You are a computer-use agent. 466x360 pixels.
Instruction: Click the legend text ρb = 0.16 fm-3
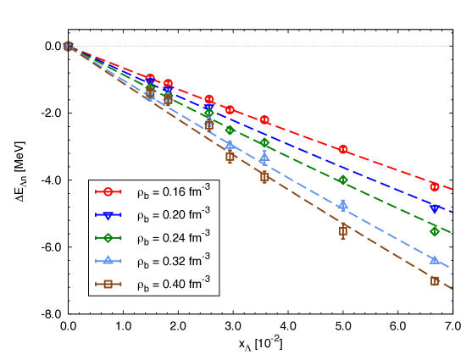[174, 192]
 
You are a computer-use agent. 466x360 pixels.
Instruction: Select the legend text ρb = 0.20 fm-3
[174, 215]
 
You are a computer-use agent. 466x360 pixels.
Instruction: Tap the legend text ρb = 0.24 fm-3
[174, 238]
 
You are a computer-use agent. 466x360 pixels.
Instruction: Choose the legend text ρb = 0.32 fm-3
[174, 261]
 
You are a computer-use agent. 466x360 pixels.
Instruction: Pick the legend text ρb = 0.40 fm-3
[174, 284]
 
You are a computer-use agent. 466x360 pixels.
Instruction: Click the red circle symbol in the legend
[108, 192]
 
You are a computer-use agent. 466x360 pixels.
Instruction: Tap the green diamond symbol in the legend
[108, 238]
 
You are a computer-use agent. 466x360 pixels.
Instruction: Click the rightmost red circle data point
[435, 186]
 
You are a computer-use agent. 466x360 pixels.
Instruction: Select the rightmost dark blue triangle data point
[435, 208]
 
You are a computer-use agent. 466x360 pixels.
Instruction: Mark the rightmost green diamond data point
[435, 231]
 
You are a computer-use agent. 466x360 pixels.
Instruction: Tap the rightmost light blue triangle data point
[435, 259]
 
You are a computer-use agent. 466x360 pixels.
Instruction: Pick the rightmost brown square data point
[435, 281]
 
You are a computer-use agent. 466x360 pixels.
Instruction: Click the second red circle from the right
[343, 149]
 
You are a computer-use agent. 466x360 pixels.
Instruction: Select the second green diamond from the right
[343, 180]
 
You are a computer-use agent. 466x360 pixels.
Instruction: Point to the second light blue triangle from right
[343, 204]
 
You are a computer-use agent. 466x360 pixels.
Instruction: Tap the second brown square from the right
[343, 230]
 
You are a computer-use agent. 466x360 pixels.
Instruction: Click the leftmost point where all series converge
[68, 46]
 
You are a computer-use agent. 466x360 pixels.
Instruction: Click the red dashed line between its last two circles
[390, 167]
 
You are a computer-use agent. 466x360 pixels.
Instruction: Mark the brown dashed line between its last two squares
[390, 256]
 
